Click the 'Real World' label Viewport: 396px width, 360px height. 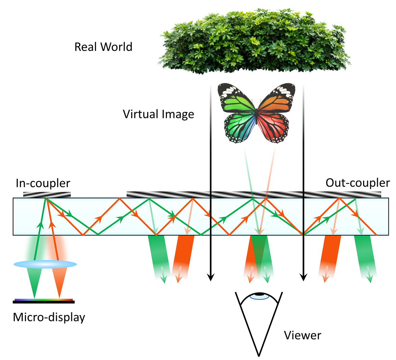pos(103,47)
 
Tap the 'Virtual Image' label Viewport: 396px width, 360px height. pos(158,114)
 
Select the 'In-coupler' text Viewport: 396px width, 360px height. pos(43,183)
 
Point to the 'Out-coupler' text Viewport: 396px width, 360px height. pos(357,183)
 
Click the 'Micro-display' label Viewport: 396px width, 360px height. pos(49,317)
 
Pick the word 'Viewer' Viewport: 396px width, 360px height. pos(303,335)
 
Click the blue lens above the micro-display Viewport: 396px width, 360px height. pos(45,264)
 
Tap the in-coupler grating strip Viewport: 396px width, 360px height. pos(47,195)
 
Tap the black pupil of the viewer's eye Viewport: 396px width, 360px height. pos(259,294)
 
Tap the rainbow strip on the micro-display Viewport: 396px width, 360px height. pos(44,300)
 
